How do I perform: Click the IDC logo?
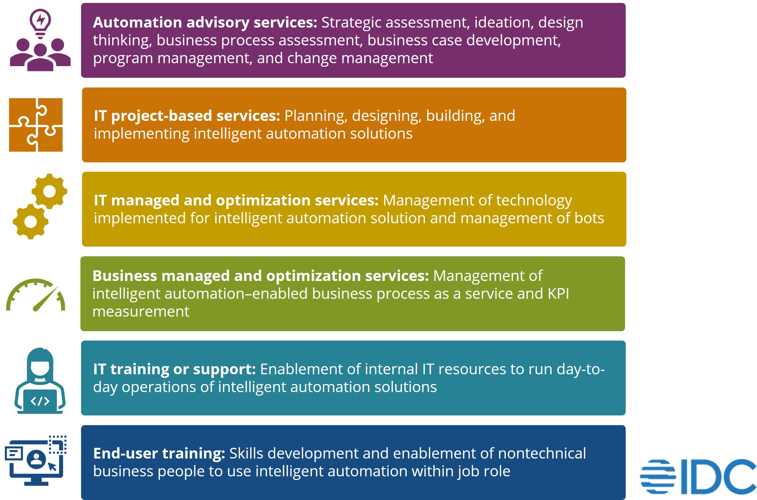(x=698, y=476)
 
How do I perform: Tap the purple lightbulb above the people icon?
(x=40, y=24)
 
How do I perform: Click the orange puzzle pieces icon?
(x=36, y=125)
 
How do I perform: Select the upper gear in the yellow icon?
(x=50, y=191)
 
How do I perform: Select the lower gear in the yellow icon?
(x=31, y=222)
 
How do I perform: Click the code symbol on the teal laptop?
(x=40, y=401)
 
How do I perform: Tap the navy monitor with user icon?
(x=36, y=460)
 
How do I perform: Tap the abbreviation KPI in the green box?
(x=558, y=294)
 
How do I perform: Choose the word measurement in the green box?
(x=141, y=312)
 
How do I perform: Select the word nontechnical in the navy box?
(x=542, y=453)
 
